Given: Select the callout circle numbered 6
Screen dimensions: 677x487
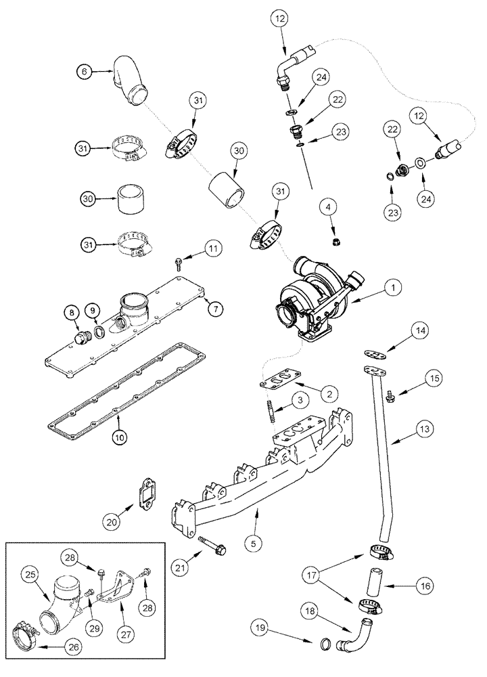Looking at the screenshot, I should (83, 70).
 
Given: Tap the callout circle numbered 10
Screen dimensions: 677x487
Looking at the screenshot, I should (118, 437).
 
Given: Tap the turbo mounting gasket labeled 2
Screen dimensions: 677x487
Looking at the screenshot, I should (283, 378).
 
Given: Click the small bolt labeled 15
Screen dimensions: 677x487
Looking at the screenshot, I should (390, 395).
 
